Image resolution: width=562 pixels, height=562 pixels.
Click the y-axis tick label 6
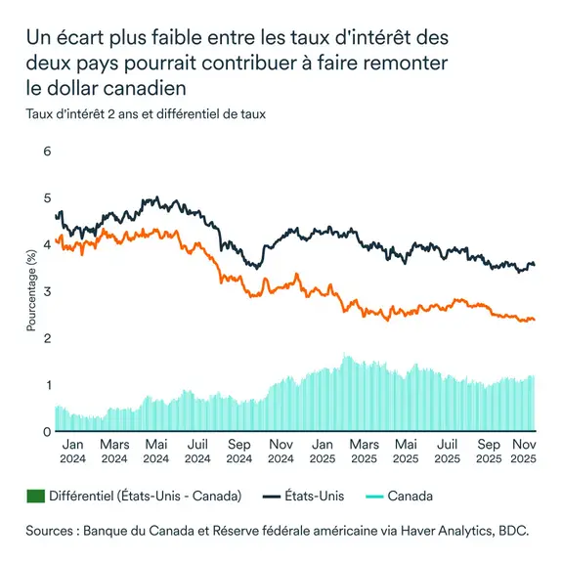point(45,151)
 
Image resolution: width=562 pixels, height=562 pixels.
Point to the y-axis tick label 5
point(45,198)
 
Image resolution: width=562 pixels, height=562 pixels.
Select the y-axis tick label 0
point(45,431)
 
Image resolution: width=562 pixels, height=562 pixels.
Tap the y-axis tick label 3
point(45,291)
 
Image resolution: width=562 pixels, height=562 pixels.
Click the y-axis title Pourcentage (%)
point(32,290)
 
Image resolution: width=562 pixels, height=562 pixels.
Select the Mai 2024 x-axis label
point(155,450)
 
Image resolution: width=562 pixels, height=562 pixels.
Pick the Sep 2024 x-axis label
point(239,450)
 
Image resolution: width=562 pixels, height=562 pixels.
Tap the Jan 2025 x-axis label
point(323,450)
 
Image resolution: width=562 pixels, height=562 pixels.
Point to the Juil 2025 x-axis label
point(447,450)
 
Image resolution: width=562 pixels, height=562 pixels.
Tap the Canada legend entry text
point(411,497)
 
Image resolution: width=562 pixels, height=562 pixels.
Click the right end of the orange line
point(535,320)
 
